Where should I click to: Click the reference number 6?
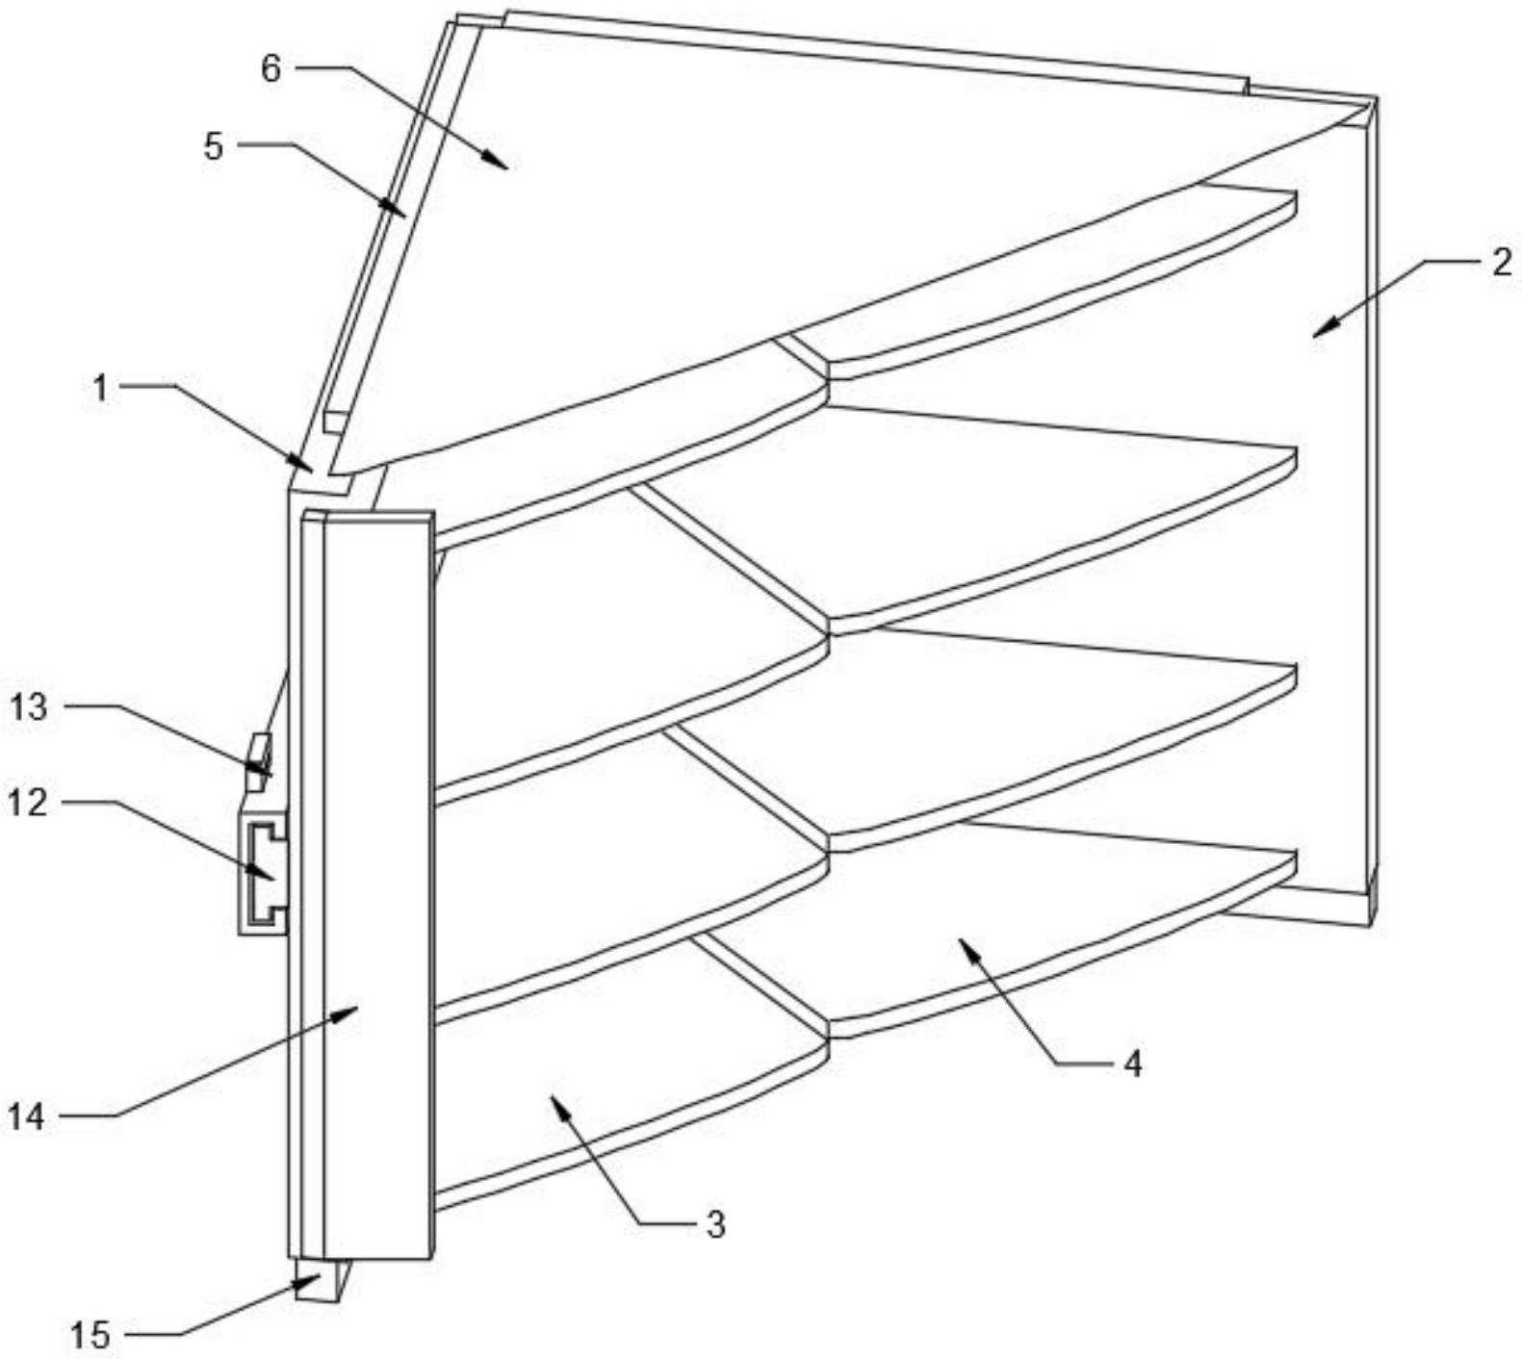[271, 68]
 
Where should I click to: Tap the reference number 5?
[213, 146]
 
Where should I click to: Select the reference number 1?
[99, 388]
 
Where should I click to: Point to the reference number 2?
[1502, 262]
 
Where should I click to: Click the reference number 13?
[28, 707]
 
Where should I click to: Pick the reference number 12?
[28, 801]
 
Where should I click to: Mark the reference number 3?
[713, 1224]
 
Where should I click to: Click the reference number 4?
[1132, 1064]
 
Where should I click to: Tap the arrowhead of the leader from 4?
[963, 945]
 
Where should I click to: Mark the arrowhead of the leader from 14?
[356, 1008]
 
